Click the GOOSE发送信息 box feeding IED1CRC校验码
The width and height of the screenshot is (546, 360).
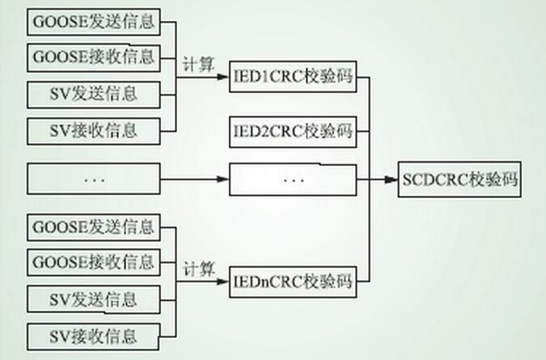coord(94,21)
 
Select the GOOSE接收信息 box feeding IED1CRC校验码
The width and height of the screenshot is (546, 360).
coord(94,57)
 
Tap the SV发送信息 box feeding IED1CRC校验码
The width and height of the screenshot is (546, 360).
coord(94,93)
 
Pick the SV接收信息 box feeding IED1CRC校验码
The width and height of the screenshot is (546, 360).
coord(94,129)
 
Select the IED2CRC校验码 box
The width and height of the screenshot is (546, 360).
coord(293,129)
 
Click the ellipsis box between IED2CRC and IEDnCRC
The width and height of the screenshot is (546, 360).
coord(293,180)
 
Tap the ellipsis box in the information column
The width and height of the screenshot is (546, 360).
coord(94,178)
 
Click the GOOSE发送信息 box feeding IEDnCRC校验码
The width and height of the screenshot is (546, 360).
coord(94,227)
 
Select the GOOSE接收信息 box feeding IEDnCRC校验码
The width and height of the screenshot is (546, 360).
coord(94,262)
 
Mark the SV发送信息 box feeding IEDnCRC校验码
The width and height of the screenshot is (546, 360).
coord(94,299)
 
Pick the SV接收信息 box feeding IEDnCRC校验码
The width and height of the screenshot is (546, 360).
coord(94,334)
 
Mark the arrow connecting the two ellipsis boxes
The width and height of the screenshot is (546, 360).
coord(194,178)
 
